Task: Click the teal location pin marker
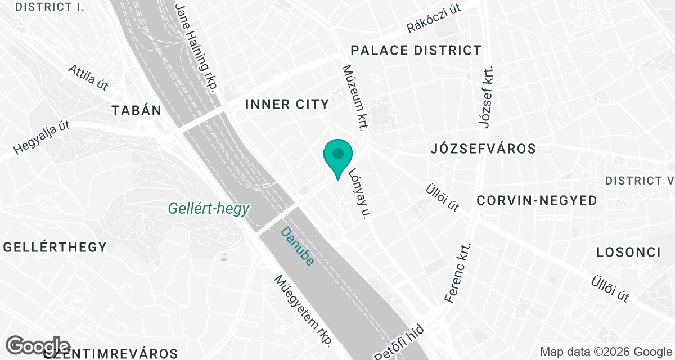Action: coord(337,155)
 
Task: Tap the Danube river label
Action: coord(296,246)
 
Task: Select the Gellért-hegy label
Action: coord(209,209)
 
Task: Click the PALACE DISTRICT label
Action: coord(416,50)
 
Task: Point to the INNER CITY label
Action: coord(287,104)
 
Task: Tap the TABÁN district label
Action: coord(137,110)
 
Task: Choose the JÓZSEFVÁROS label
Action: coord(483,149)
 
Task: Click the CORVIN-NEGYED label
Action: coord(537,201)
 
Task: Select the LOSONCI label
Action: coord(628,252)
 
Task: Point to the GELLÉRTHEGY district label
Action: coord(55,247)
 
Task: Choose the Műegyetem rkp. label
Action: coord(304,310)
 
